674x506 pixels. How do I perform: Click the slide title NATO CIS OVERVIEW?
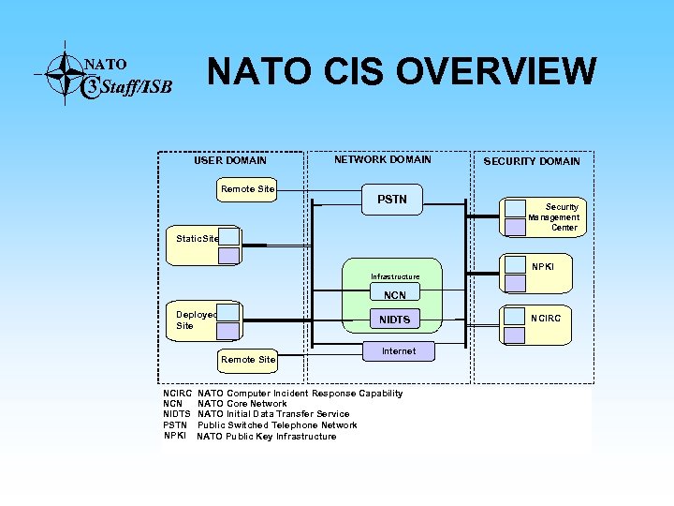click(401, 71)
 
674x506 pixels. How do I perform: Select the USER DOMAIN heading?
click(229, 160)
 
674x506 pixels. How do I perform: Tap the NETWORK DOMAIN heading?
click(382, 159)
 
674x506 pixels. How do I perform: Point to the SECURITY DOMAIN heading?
click(531, 161)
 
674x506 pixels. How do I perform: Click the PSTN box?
click(391, 200)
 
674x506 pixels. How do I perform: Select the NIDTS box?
click(394, 320)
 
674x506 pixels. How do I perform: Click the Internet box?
click(398, 351)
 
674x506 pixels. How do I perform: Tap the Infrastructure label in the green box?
click(394, 276)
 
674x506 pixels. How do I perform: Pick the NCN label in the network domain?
click(394, 296)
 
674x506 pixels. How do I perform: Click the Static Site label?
click(197, 239)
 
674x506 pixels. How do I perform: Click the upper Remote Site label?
click(247, 189)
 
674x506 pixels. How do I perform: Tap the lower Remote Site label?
click(247, 359)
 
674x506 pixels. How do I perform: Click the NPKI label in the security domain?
click(544, 267)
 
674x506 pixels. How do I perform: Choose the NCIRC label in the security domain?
click(546, 318)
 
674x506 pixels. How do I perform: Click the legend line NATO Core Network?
click(242, 404)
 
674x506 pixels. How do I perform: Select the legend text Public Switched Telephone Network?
click(277, 425)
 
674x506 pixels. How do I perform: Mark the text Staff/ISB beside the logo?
click(137, 88)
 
